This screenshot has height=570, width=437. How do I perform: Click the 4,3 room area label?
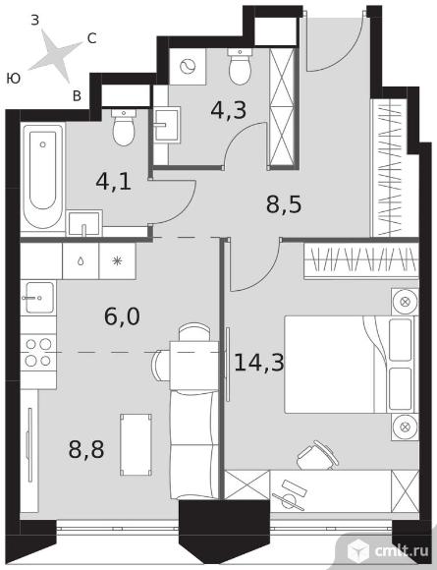tap(228, 110)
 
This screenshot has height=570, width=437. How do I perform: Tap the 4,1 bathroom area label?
tap(113, 182)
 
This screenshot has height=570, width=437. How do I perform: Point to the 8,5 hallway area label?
tap(284, 205)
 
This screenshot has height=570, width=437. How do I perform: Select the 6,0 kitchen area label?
tap(122, 316)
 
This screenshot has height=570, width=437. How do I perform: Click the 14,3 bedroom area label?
tap(258, 363)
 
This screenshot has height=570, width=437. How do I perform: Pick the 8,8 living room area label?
tap(86, 449)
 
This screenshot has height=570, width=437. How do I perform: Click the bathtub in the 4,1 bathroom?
tap(43, 176)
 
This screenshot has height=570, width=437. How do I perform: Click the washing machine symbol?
tap(188, 67)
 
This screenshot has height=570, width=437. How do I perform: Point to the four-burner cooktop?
tap(38, 353)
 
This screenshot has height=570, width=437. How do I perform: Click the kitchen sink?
tap(38, 298)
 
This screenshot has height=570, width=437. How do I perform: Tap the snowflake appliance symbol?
tap(117, 261)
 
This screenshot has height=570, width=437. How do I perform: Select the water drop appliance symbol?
tap(81, 261)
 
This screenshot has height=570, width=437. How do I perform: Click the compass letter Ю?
tap(14, 79)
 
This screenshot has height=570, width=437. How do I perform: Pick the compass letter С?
tap(91, 38)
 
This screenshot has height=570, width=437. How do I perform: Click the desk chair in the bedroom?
tap(317, 454)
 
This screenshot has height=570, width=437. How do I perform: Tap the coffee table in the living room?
tap(136, 444)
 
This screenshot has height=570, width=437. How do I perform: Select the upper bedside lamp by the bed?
tap(404, 302)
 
